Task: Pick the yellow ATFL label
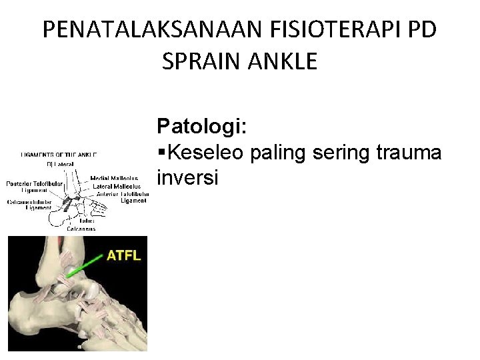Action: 125,255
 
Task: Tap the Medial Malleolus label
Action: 115,178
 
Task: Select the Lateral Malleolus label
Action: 115,186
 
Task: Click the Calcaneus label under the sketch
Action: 80,229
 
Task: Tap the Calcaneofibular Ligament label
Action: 30,205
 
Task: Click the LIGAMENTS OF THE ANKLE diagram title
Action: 59,155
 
